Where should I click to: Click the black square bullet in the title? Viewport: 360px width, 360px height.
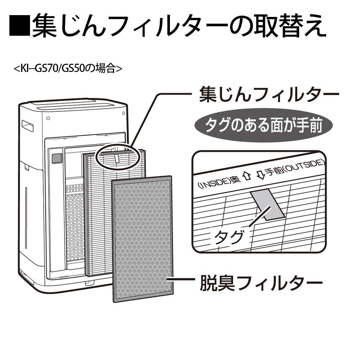(19, 26)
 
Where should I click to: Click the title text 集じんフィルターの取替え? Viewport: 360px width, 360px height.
(179, 26)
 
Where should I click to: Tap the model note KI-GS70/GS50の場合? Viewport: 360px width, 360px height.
(68, 68)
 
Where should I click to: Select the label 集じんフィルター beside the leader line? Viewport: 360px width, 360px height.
(269, 94)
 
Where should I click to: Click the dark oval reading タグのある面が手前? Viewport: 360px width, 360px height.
(264, 125)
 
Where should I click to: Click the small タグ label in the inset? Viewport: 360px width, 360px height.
(229, 237)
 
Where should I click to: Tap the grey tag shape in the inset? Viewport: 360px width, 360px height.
(267, 204)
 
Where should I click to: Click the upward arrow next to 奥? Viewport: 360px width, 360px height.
(247, 176)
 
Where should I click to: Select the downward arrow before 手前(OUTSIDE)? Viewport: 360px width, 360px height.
(260, 175)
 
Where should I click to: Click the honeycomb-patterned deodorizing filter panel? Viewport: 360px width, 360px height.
(143, 239)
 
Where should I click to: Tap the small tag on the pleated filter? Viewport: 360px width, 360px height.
(117, 158)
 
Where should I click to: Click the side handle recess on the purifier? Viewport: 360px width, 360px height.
(27, 126)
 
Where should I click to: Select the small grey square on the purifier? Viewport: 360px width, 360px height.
(57, 158)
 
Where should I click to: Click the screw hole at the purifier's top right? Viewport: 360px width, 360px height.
(123, 113)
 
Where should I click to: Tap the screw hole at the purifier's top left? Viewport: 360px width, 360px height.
(48, 118)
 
